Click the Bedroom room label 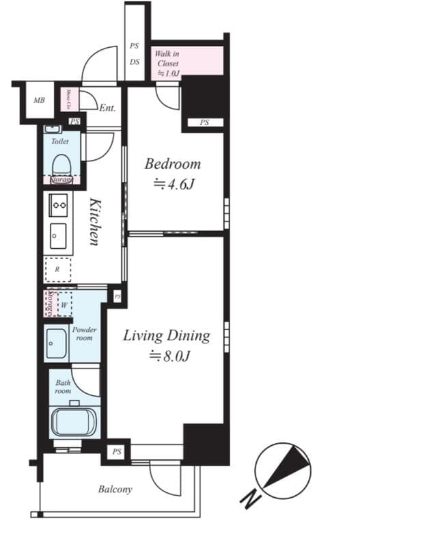(172, 164)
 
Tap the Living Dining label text (166, 336)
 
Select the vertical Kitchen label (95, 222)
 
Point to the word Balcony (115, 490)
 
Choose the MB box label (39, 101)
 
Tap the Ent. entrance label (107, 108)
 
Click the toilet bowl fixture (61, 165)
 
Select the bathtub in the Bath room (74, 421)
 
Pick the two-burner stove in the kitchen (58, 204)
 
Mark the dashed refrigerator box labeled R (58, 269)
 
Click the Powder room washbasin (56, 344)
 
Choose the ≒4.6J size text (172, 184)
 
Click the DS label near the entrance (135, 61)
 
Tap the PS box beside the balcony (117, 451)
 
